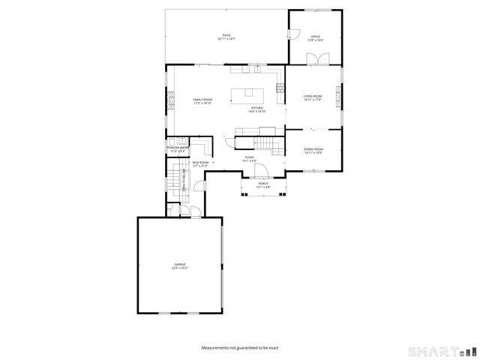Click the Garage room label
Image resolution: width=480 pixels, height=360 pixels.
coord(180,265)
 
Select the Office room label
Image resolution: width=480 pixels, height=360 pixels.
coord(316,37)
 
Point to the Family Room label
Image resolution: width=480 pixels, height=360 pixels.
coord(202,101)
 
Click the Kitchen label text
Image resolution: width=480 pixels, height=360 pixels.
coord(257,109)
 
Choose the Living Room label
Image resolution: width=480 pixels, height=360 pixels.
coord(312,97)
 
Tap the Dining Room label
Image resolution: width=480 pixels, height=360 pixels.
coord(313,151)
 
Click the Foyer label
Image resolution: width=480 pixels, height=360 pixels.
coord(249,159)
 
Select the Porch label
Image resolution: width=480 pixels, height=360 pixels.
coord(263,184)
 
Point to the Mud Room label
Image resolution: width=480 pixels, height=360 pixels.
coord(199,163)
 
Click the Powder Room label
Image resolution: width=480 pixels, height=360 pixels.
coord(176,149)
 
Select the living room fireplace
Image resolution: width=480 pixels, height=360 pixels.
coord(339,95)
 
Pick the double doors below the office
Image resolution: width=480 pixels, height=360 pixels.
coord(316,64)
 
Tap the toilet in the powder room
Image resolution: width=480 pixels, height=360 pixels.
coord(172,141)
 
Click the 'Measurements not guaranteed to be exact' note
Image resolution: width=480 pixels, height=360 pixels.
coord(240,348)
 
